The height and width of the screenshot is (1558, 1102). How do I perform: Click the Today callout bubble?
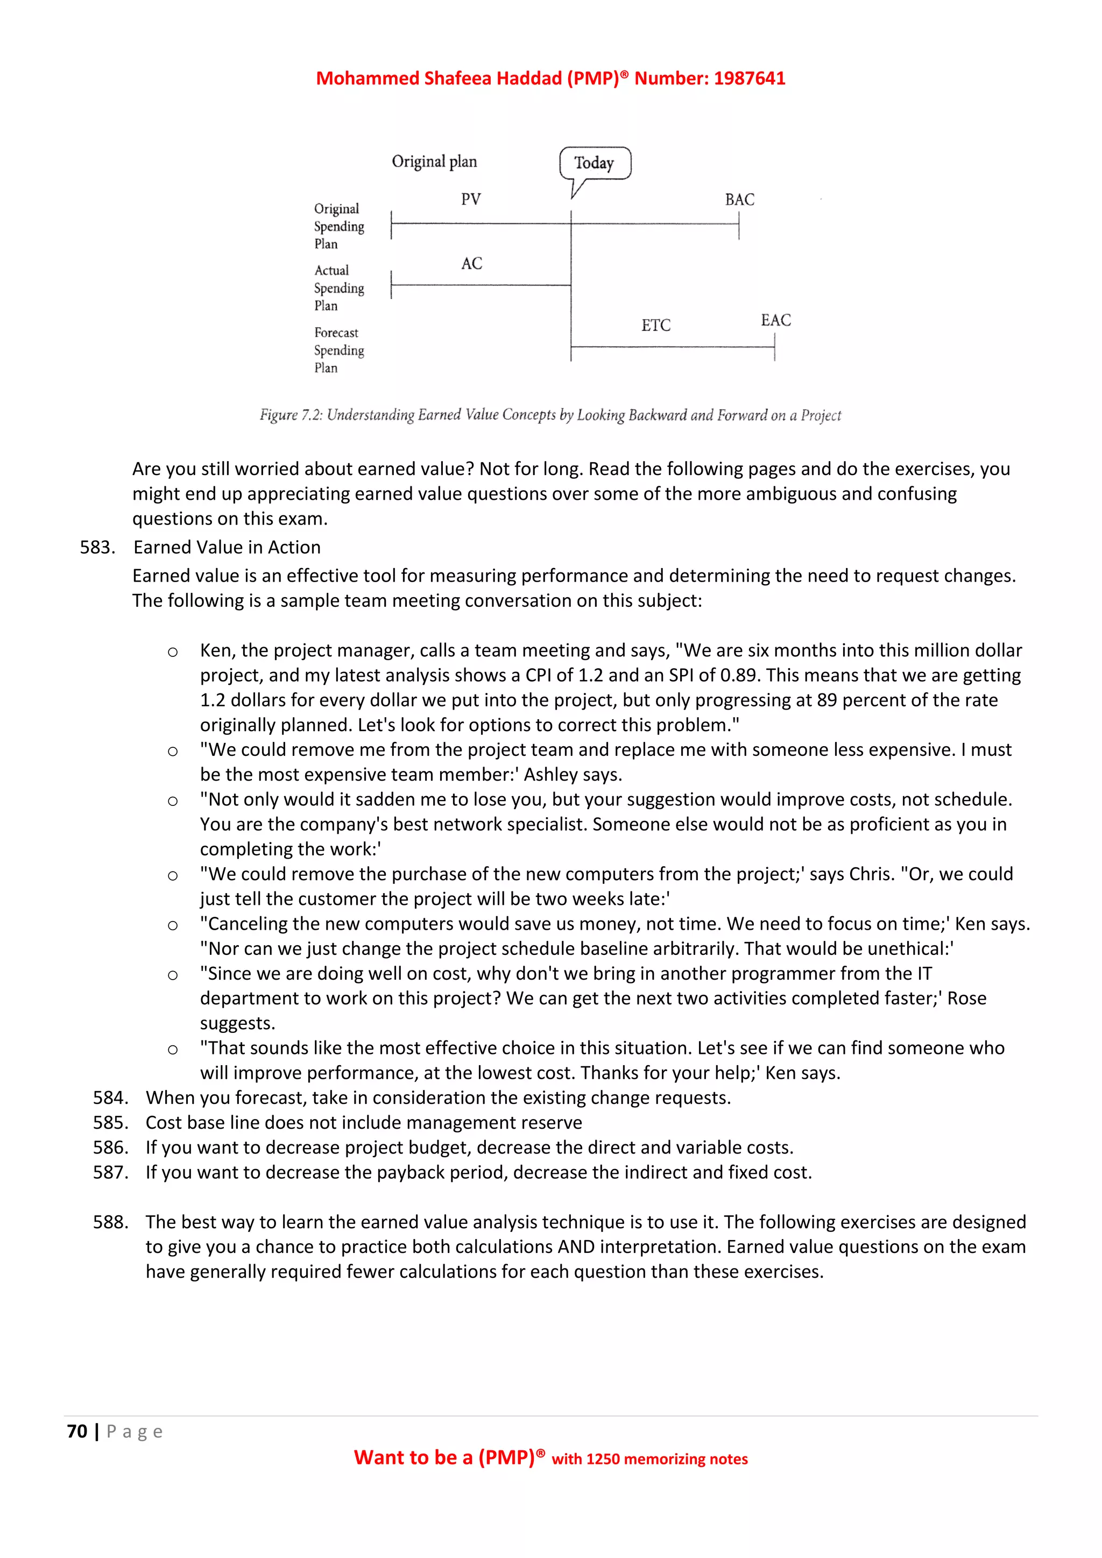click(595, 163)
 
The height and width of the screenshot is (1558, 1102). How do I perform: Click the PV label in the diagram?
click(471, 200)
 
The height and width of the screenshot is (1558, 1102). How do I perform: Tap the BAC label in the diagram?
click(739, 200)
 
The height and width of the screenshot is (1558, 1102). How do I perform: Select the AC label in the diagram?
click(471, 263)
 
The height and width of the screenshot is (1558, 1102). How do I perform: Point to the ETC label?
click(655, 325)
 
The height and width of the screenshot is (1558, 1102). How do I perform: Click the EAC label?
click(775, 320)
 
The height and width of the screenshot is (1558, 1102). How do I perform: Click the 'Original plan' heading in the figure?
click(434, 161)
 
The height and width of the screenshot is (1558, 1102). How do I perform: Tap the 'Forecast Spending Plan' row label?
click(338, 350)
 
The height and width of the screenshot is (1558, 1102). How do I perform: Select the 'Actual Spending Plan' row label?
click(338, 288)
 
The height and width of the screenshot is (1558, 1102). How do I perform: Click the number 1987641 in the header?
click(749, 78)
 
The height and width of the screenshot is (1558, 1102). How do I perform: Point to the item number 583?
click(97, 547)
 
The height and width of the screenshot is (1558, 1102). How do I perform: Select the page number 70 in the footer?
click(77, 1431)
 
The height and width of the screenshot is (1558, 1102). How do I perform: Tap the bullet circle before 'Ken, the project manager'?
click(173, 652)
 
